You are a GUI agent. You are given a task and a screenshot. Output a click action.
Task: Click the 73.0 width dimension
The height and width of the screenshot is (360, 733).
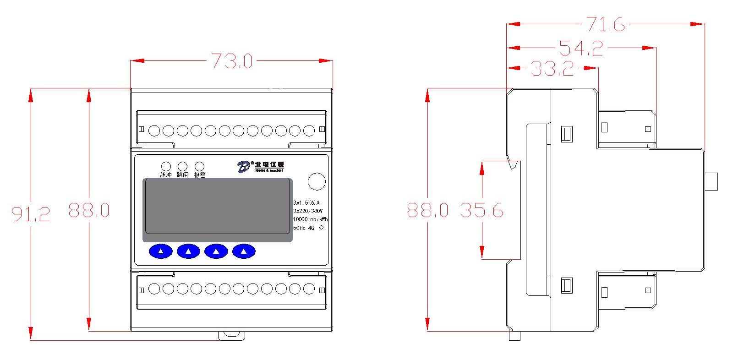point(231,61)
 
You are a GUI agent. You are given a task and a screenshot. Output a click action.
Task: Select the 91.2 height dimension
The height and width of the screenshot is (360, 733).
point(31,213)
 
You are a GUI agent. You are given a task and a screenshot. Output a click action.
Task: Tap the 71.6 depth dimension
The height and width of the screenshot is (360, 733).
point(606,24)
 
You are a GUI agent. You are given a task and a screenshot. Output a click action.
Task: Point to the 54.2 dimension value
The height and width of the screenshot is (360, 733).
point(581,48)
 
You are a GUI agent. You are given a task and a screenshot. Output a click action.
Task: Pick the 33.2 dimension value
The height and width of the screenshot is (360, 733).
point(552,69)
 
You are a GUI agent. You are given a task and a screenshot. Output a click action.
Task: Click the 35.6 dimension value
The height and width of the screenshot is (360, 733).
point(482,210)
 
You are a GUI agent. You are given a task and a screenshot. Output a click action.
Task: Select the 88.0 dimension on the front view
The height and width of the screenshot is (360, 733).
point(89,210)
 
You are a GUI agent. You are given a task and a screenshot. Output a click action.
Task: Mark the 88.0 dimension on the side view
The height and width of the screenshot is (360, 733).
point(428,210)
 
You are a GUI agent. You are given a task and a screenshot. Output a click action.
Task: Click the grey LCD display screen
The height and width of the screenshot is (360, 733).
point(218,210)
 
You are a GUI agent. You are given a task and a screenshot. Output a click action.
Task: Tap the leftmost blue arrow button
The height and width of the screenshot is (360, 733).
point(160,251)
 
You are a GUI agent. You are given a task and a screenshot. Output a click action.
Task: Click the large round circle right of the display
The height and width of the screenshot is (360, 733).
point(316,181)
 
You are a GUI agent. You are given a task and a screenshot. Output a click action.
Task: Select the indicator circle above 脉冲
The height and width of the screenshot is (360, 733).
point(165,166)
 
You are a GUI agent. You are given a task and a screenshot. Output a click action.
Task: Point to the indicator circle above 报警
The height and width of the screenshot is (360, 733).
point(199,166)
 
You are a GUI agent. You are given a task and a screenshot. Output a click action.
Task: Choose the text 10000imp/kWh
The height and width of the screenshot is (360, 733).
point(310,219)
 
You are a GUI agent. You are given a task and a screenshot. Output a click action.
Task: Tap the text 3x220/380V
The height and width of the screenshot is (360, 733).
point(308,211)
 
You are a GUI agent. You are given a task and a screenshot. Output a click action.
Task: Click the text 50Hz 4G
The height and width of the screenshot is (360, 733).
point(304,228)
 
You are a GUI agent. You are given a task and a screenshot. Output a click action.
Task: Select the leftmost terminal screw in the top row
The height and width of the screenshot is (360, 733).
point(154,131)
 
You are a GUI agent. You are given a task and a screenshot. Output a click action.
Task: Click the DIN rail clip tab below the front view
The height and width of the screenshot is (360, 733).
point(231,335)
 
